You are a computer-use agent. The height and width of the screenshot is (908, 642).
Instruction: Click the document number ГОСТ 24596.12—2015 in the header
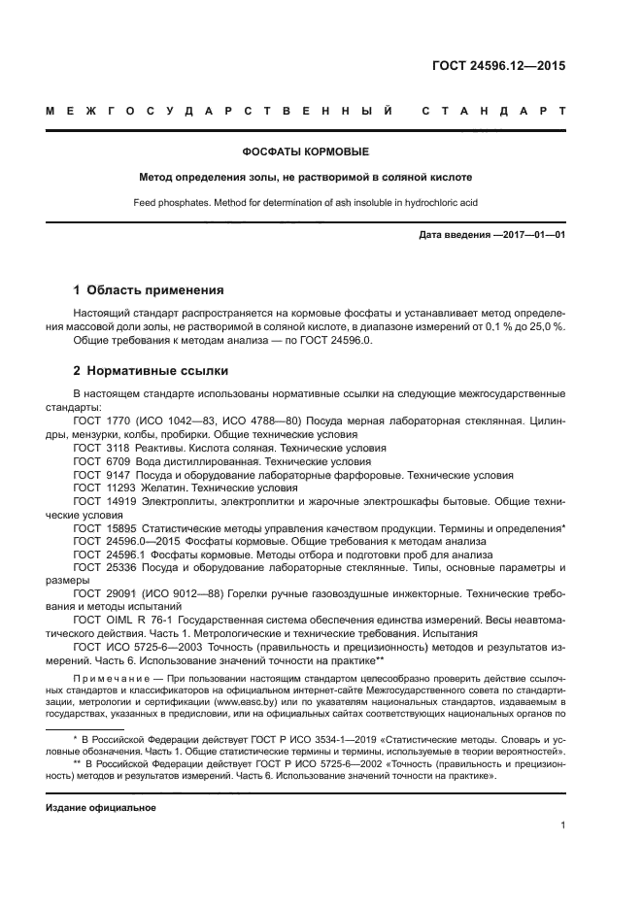(498, 67)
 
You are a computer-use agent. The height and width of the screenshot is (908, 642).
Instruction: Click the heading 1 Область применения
(150, 289)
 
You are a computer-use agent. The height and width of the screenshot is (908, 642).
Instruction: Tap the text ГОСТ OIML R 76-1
(120, 619)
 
